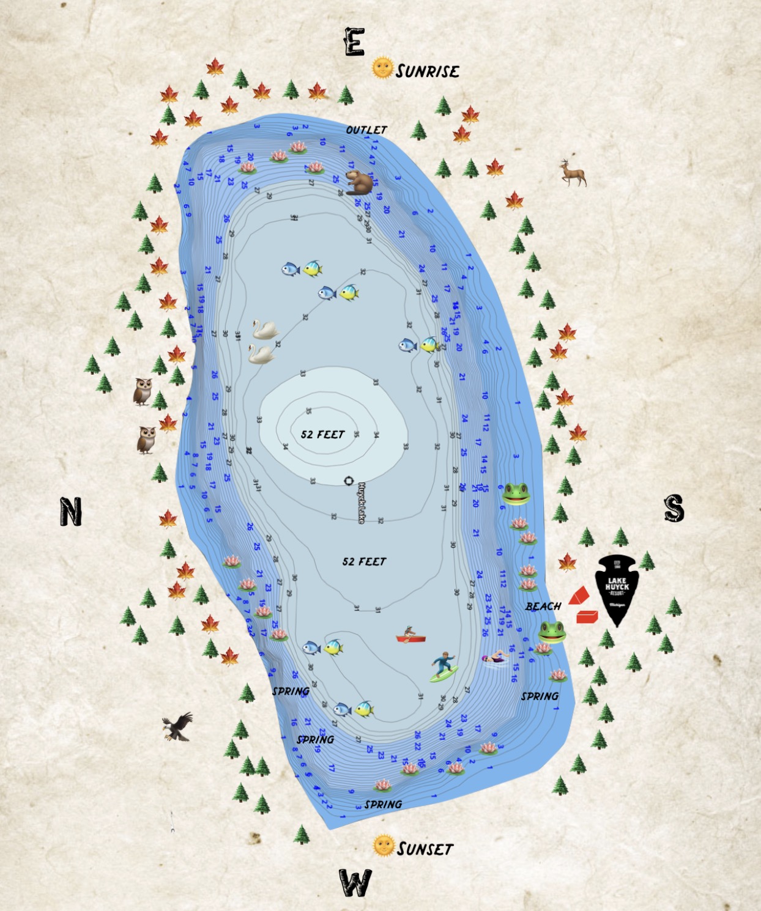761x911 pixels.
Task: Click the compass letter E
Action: [355, 42]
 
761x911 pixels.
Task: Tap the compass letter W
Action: [355, 883]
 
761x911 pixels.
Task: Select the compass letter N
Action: [71, 512]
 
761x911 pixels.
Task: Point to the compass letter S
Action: [674, 508]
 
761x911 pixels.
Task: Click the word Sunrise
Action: [428, 72]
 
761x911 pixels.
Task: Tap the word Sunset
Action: [425, 849]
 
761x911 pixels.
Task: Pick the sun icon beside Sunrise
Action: [382, 67]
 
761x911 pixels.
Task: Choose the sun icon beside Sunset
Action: [384, 846]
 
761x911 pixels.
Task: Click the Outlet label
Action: [366, 130]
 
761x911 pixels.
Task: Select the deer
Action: [573, 173]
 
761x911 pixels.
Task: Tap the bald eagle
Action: [177, 726]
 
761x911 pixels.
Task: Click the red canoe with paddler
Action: [410, 636]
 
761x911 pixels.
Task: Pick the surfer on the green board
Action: [444, 666]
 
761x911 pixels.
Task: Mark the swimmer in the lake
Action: [495, 658]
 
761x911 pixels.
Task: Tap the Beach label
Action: [543, 607]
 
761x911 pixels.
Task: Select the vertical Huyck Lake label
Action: [362, 503]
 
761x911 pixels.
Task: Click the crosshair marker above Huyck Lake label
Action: [349, 481]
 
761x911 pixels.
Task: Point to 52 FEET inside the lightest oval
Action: [322, 435]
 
